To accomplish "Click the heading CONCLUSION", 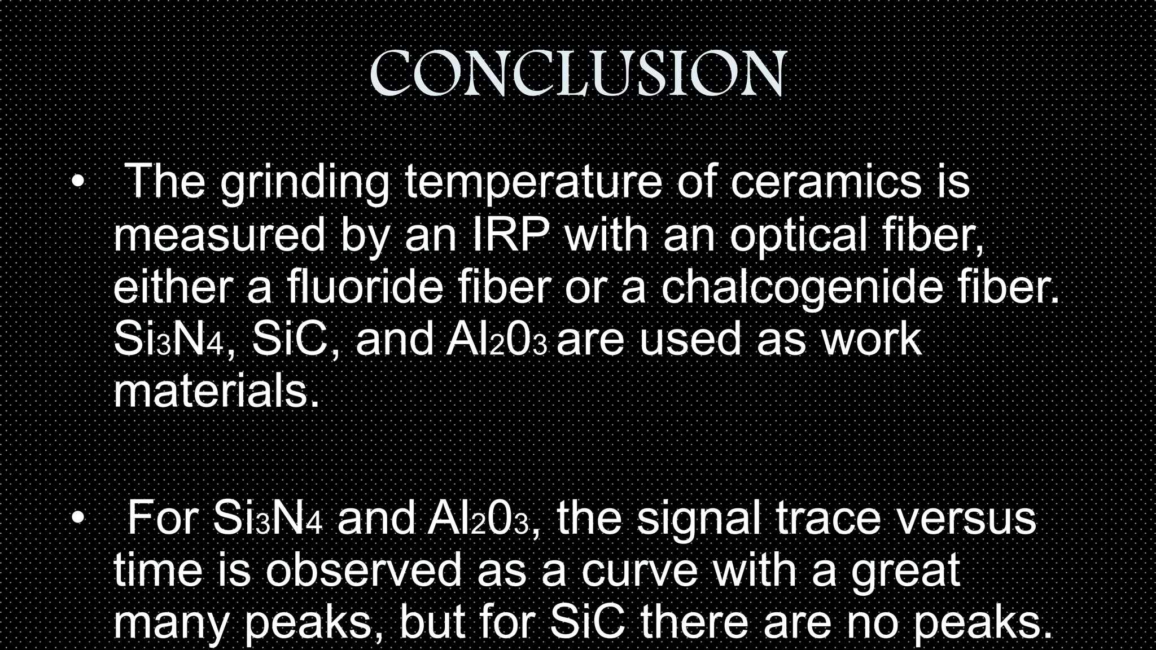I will [578, 73].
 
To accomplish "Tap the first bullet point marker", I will [77, 182].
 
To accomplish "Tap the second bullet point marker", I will [77, 518].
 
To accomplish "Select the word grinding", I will [305, 183].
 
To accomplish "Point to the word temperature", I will [533, 183].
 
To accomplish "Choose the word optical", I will [798, 236].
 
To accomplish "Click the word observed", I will [364, 570].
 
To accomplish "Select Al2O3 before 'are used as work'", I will [496, 340].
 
